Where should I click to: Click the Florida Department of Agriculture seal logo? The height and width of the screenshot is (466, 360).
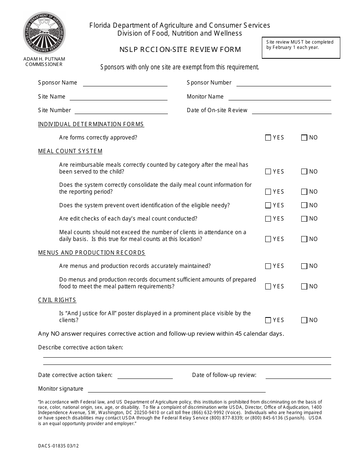coord(44,33)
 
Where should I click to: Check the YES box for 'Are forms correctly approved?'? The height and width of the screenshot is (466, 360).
coord(268,138)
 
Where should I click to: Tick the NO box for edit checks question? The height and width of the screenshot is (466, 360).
coord(304,219)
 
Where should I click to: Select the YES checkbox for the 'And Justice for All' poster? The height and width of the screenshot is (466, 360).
coord(268,321)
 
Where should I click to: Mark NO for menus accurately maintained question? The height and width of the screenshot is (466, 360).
coord(304,266)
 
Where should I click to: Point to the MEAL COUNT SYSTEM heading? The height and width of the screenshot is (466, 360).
coord(70,151)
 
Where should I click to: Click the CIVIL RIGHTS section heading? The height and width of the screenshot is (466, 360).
coord(57,300)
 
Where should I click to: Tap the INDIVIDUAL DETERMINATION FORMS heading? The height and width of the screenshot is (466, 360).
coord(91,124)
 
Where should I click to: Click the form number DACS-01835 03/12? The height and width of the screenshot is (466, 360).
coord(58,446)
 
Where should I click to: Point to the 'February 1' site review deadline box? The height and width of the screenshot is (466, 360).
coord(301,47)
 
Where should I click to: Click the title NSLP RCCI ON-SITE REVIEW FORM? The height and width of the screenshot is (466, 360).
coord(180,49)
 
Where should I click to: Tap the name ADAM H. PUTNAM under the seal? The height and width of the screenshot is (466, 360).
coord(44,59)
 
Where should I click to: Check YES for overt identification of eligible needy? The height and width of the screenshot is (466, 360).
coord(268,205)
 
